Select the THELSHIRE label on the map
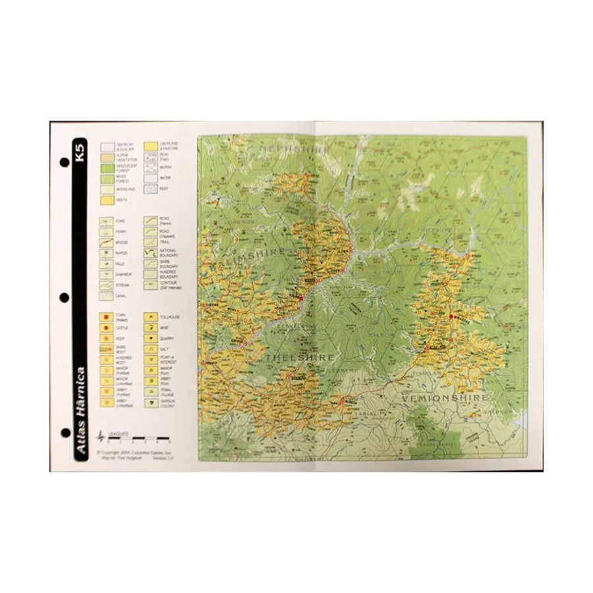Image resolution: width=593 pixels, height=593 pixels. pos(300,356)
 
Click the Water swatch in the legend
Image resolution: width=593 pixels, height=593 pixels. pos(150,178)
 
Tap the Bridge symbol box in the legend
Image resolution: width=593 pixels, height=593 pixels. pos(105,242)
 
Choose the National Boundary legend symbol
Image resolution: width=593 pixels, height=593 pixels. pos(150,253)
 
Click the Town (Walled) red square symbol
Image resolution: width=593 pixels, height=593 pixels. pos(105,317)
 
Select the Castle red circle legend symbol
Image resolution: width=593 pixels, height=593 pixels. pos(105,327)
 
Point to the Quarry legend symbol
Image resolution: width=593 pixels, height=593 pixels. pos(150,338)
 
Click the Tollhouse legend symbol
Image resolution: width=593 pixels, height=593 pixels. pos(150,317)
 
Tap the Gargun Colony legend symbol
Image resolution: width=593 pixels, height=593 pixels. pos(150,401)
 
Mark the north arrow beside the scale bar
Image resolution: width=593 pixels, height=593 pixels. pos(101,436)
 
